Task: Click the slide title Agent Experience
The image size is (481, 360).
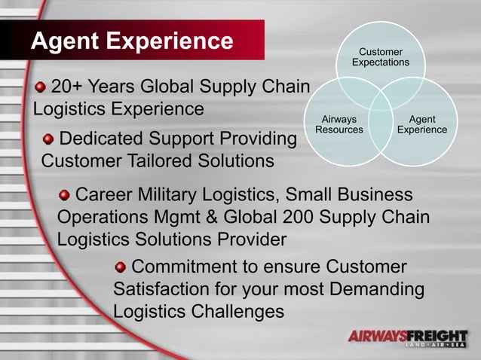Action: coord(132,40)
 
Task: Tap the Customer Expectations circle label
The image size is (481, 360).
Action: coord(380,57)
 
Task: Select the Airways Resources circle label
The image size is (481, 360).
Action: coord(339,124)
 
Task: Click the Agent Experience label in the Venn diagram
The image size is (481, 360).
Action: coord(421,124)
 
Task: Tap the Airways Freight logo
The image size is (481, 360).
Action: coord(408,338)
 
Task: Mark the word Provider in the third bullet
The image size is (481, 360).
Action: coord(250,239)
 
